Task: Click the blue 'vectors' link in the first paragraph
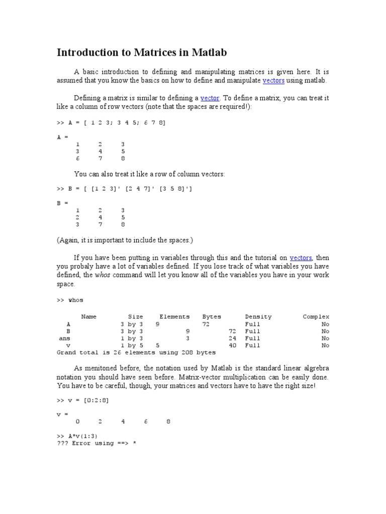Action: pyautogui.click(x=273, y=80)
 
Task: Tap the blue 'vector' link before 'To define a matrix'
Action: pyautogui.click(x=210, y=98)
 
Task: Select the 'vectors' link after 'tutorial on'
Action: pyautogui.click(x=301, y=258)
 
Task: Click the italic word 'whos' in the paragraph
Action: pyautogui.click(x=103, y=276)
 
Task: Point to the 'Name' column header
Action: pyautogui.click(x=88, y=317)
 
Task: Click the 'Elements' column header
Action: pyautogui.click(x=174, y=317)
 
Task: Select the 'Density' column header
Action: pyautogui.click(x=258, y=317)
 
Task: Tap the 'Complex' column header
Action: pyautogui.click(x=316, y=317)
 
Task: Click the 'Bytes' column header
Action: pyautogui.click(x=212, y=317)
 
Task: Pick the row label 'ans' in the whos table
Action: pyautogui.click(x=64, y=338)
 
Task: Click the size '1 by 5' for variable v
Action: pyautogui.click(x=132, y=345)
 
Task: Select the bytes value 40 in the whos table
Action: pyautogui.click(x=232, y=345)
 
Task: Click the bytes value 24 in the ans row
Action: pyautogui.click(x=232, y=338)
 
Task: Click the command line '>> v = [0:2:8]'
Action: pyautogui.click(x=82, y=400)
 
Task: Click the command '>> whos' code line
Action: pyautogui.click(x=70, y=300)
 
